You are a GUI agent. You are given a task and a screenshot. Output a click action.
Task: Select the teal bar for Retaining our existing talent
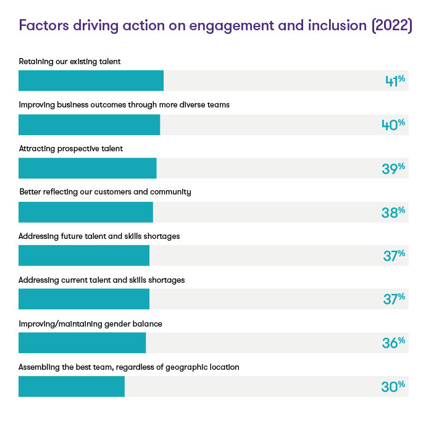coord(91,81)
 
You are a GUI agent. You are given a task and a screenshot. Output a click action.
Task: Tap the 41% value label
coord(393,81)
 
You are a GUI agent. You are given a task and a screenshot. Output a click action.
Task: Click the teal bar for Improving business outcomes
coord(89,125)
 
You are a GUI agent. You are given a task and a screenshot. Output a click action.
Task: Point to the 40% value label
coord(393,125)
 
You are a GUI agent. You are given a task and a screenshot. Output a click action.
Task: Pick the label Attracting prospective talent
coord(71,148)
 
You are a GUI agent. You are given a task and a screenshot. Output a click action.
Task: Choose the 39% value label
coord(393,168)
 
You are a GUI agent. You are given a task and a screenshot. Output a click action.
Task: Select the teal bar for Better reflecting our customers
coord(85,212)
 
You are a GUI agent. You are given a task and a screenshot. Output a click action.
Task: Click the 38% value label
coord(393,212)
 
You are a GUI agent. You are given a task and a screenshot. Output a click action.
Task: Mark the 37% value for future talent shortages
coord(393,256)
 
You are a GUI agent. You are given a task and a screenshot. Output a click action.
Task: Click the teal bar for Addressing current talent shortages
coord(83,299)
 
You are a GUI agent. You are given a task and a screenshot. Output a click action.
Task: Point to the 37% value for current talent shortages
coord(393,299)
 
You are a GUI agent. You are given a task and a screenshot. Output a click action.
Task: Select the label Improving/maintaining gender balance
coord(90,324)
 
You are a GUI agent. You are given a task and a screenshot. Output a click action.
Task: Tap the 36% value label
coord(393,343)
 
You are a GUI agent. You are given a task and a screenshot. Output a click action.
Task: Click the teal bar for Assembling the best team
coord(71,386)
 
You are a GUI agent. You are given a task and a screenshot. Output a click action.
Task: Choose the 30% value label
coord(393,386)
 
